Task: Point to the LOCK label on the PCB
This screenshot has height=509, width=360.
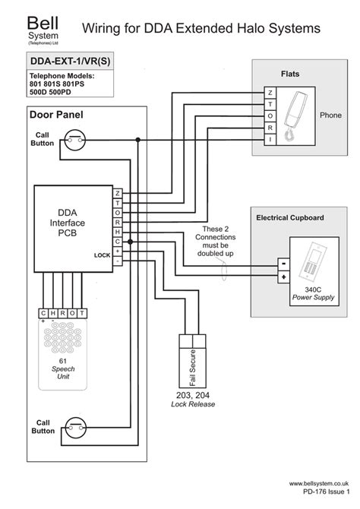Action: point(101,255)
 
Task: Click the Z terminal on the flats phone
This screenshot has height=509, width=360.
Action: point(270,93)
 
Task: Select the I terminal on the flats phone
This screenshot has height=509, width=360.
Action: point(270,141)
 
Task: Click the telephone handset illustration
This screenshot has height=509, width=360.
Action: point(292,116)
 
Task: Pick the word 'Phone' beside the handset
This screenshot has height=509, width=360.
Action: point(330,115)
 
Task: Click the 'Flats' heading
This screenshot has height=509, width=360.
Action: point(290,74)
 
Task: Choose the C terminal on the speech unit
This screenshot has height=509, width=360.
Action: point(43,313)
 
